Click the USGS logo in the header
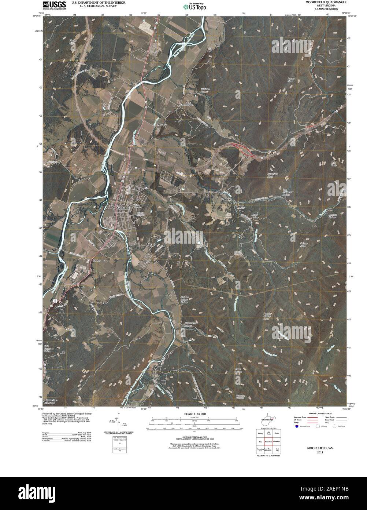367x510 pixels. [x=54, y=5]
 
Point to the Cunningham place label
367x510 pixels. [x=186, y=105]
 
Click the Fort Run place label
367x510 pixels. [x=227, y=199]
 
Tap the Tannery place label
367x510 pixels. [x=151, y=244]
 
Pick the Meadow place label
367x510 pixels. [x=162, y=125]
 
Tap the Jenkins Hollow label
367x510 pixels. [x=332, y=216]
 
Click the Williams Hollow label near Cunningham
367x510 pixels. [x=205, y=91]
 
